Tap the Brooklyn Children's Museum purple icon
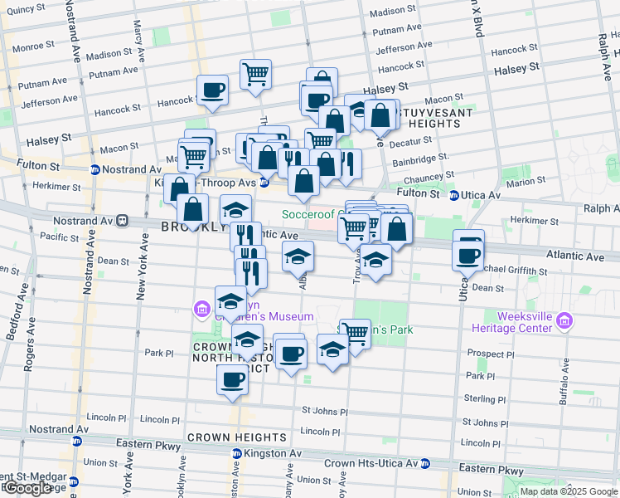[201, 310]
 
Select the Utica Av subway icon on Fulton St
[453, 195]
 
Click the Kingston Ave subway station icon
[237, 454]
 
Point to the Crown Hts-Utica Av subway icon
[425, 462]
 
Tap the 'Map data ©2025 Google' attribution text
[569, 491]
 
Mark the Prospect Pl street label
[490, 354]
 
